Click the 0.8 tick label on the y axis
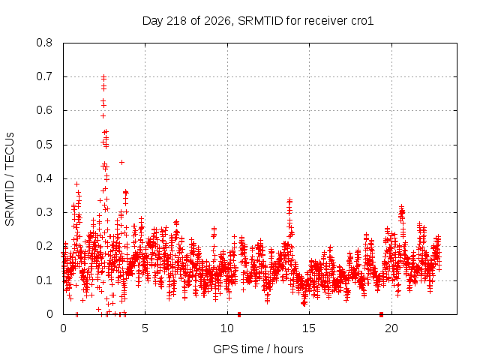(x=44, y=43)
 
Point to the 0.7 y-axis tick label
(x=44, y=76)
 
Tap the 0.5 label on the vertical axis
(x=44, y=145)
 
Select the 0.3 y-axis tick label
(x=44, y=212)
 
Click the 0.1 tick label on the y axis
(x=44, y=280)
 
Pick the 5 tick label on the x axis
(x=145, y=328)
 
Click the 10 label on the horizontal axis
(x=227, y=328)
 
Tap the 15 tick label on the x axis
(x=309, y=328)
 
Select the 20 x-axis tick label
(x=391, y=328)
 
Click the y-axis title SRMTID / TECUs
(x=10, y=179)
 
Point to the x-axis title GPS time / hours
(x=258, y=349)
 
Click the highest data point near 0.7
(x=103, y=77)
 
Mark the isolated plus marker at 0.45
(x=121, y=162)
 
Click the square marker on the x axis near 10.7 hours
(x=239, y=314)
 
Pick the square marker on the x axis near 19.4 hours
(x=381, y=314)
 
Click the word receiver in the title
(x=326, y=21)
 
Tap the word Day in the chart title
(x=153, y=21)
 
